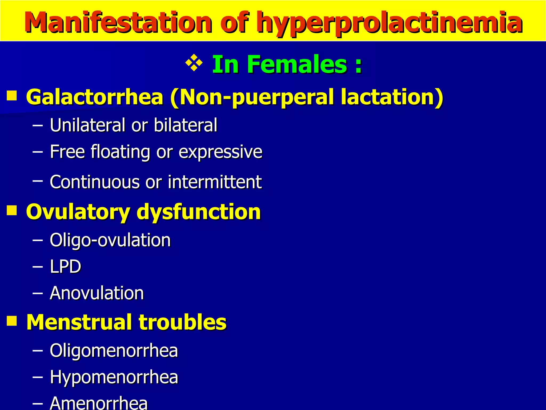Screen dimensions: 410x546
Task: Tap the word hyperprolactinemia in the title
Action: [389, 23]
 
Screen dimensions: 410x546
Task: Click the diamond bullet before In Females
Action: [194, 63]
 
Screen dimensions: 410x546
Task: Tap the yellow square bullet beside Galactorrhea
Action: [12, 95]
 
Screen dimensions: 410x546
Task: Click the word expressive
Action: [220, 152]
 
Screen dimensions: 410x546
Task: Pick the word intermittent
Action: [215, 182]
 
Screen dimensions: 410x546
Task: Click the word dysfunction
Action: [198, 212]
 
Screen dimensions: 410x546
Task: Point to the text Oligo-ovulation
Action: [110, 240]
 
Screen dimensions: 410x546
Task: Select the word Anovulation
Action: [97, 293]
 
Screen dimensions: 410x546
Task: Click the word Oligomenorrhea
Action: [114, 350]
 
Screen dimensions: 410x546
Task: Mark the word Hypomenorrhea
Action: [114, 377]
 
